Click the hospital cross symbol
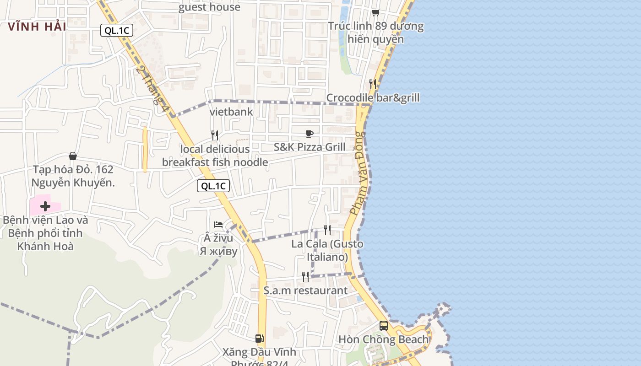(x=45, y=206)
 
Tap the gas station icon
(x=259, y=339)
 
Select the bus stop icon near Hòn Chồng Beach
(x=384, y=326)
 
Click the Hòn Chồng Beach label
(x=383, y=339)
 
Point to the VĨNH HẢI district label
(x=37, y=27)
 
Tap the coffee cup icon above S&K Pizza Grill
(x=310, y=134)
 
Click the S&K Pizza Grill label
(x=310, y=147)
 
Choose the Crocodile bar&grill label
(x=373, y=98)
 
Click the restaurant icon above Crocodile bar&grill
(x=373, y=84)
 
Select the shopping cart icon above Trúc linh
(x=375, y=12)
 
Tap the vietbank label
(x=231, y=112)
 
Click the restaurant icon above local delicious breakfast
(x=214, y=135)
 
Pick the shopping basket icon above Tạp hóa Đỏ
(x=72, y=156)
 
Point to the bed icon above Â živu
(x=218, y=224)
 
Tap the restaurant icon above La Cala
(x=327, y=230)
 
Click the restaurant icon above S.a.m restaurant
(x=305, y=276)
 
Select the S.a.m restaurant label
(x=305, y=291)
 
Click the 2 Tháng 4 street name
(x=150, y=85)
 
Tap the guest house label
(x=209, y=7)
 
